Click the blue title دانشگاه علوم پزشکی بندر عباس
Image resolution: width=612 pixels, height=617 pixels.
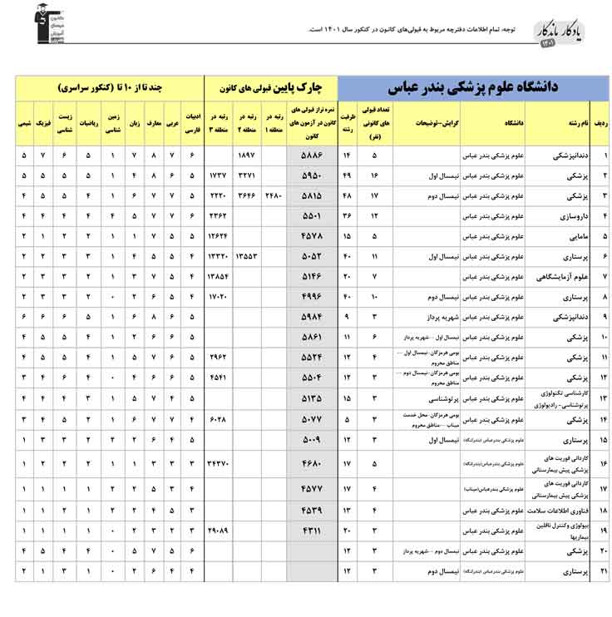click(x=475, y=86)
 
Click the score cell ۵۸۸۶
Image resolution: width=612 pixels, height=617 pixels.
click(x=313, y=155)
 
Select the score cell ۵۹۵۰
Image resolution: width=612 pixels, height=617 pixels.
click(x=313, y=175)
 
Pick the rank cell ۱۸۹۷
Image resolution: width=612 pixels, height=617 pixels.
click(x=245, y=155)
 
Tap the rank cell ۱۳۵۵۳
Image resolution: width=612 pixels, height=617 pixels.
click(x=245, y=256)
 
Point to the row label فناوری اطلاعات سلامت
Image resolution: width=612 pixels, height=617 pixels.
click(x=560, y=509)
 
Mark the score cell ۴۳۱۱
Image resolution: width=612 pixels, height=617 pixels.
click(x=313, y=529)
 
